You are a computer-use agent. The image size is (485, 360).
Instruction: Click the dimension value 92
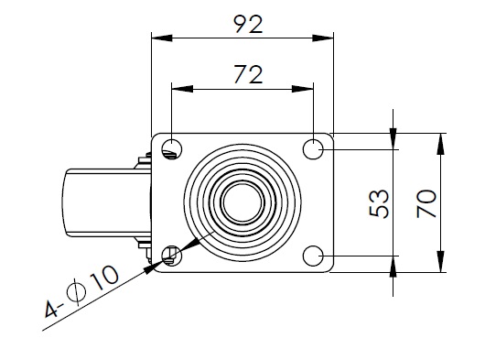(248, 24)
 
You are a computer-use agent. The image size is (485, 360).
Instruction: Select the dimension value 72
(248, 74)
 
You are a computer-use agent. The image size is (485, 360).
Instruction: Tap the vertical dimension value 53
(379, 204)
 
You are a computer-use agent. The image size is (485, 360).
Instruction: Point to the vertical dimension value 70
(426, 204)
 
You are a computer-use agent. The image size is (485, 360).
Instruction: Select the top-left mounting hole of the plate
(172, 149)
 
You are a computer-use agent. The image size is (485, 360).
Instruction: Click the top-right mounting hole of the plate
(313, 149)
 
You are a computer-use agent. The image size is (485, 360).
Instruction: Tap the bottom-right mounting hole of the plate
(313, 256)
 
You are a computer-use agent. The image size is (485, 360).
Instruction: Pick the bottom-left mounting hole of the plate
(172, 256)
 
